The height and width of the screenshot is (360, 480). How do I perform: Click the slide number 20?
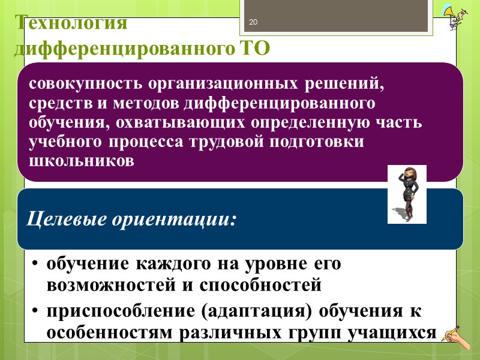[x=253, y=23]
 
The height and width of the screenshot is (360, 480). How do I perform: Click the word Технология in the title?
[x=71, y=23]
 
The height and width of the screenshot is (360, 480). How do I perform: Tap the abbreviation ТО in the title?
[x=254, y=47]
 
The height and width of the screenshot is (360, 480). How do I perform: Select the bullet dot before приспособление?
[x=36, y=313]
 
